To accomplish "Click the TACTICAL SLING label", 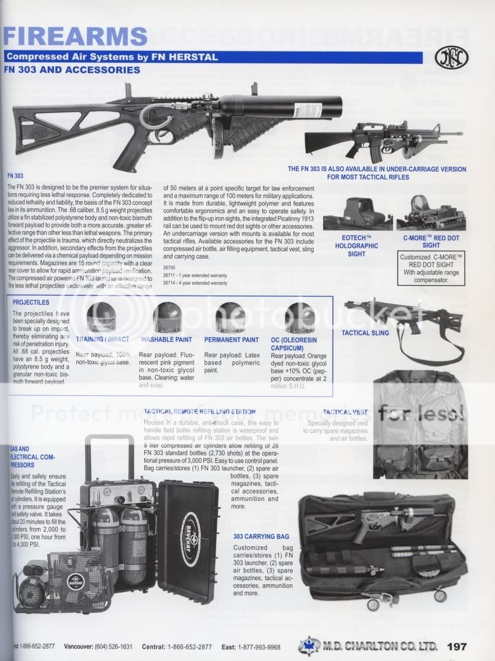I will pyautogui.click(x=365, y=333).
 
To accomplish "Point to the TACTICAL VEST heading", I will pyautogui.click(x=346, y=412).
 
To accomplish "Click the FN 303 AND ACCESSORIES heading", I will pyautogui.click(x=72, y=70).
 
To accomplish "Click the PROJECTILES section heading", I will pyautogui.click(x=36, y=302).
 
